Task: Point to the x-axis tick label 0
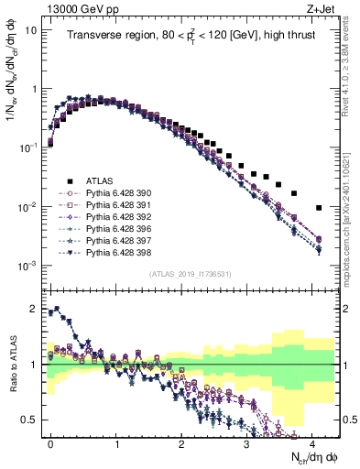click(50, 442)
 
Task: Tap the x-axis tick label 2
click(180, 442)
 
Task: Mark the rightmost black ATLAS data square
click(317, 208)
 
